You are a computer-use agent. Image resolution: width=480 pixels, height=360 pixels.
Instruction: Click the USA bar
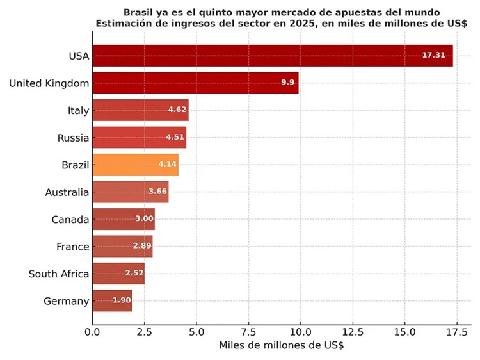(272, 56)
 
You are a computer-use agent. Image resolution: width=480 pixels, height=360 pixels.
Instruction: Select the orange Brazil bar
(135, 165)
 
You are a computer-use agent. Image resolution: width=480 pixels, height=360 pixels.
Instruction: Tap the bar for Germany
(112, 300)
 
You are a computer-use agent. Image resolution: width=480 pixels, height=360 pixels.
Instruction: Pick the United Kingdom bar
(195, 83)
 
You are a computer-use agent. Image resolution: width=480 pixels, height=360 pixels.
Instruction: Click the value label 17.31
(434, 56)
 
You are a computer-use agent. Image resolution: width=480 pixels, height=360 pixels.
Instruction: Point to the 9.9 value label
(287, 83)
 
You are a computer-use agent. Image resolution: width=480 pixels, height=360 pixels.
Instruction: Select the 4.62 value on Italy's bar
(177, 110)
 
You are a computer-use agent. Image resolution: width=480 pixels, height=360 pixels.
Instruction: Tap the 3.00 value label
(144, 219)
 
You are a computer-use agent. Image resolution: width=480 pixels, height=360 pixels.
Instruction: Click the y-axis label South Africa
(59, 274)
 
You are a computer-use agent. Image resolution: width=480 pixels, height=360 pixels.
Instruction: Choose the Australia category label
(67, 192)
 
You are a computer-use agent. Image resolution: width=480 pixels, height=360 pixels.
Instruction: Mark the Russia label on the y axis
(73, 138)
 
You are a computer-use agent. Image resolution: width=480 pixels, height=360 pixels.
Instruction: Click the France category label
(72, 247)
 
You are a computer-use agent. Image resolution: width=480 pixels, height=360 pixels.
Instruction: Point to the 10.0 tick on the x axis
(300, 332)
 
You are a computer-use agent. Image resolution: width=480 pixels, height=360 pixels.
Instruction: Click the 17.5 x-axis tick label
(456, 332)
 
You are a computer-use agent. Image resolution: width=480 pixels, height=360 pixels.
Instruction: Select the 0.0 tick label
(92, 332)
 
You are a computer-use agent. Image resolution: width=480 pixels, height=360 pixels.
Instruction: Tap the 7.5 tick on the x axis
(248, 332)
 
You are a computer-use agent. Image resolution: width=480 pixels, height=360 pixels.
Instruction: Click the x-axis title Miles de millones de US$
(281, 346)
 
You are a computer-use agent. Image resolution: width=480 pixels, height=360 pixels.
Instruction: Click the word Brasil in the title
(140, 12)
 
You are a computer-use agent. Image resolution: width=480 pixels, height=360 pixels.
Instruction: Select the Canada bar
(124, 219)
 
